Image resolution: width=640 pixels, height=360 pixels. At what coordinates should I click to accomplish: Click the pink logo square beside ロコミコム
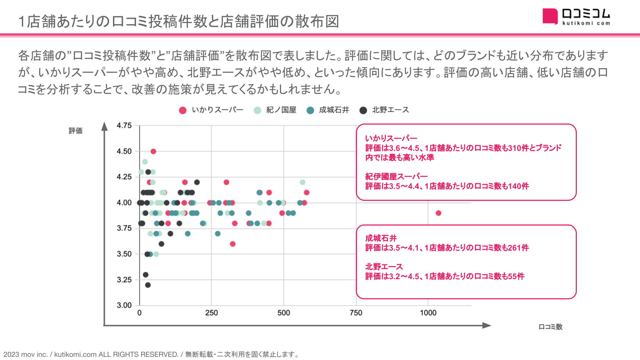(x=550, y=16)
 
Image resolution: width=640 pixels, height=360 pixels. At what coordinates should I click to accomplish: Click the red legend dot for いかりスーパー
(x=183, y=110)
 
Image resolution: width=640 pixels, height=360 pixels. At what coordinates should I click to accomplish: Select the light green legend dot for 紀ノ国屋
(x=257, y=110)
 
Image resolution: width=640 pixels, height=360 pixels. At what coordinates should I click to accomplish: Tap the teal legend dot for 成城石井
(x=310, y=110)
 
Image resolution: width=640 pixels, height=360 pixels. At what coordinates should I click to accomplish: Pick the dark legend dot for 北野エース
(x=363, y=110)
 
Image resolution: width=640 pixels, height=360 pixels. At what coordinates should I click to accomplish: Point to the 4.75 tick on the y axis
(x=124, y=126)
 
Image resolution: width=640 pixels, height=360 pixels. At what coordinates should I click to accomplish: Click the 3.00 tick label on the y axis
(x=124, y=305)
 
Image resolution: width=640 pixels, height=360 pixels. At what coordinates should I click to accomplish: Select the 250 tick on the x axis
(x=211, y=313)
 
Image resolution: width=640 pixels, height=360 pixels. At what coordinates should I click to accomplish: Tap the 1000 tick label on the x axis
(x=428, y=313)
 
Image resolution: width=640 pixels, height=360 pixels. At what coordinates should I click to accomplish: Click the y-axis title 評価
(x=76, y=131)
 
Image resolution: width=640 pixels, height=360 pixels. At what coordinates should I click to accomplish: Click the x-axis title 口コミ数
(x=550, y=327)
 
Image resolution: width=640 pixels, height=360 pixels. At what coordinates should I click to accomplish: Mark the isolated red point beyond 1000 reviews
(x=438, y=213)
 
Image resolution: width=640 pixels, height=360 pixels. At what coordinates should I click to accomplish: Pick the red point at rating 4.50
(x=153, y=151)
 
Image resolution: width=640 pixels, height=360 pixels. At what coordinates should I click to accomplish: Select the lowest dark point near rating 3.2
(x=148, y=285)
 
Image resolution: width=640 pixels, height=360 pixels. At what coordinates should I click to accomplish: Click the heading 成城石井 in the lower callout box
(x=381, y=238)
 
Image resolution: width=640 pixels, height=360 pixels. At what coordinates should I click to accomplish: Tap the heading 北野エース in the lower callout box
(x=384, y=267)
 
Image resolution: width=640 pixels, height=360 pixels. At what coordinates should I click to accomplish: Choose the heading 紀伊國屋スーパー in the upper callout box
(x=396, y=176)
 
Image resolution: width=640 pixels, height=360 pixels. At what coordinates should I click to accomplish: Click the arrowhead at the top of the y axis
(x=104, y=126)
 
